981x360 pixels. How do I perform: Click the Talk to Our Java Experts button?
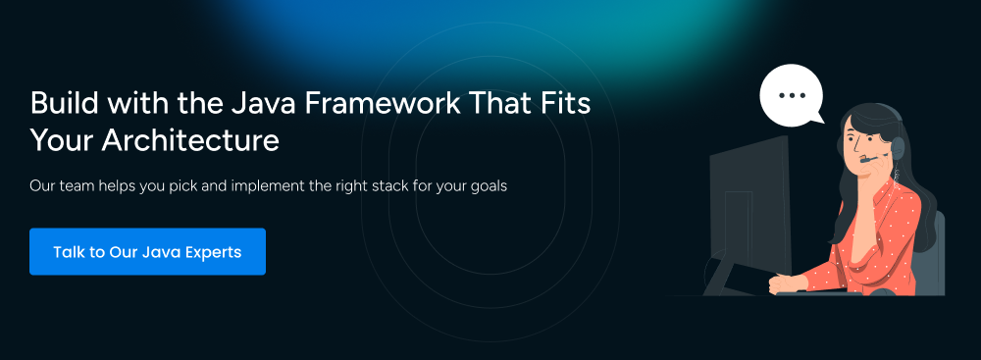coord(148,252)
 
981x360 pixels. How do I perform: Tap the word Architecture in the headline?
coord(190,139)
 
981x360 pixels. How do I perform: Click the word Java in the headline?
coord(263,103)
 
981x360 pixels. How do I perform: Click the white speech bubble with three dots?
coord(792,95)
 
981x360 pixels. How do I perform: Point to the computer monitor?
coord(750,207)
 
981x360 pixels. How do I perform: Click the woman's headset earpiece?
coord(898,148)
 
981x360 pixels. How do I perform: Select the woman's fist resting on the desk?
coord(782,283)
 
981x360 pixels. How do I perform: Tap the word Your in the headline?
coord(62,139)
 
